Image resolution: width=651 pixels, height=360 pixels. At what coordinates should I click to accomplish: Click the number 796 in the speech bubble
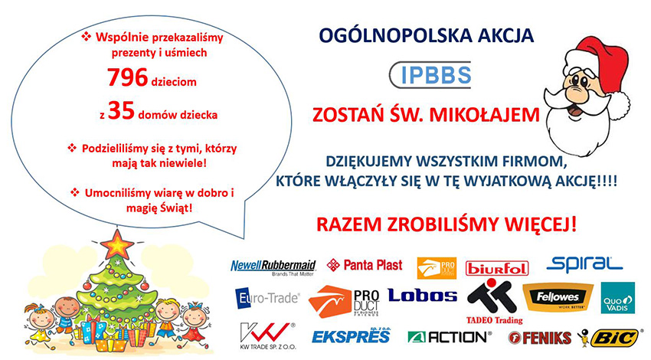pyautogui.click(x=127, y=77)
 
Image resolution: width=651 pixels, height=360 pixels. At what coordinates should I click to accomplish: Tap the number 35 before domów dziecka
pyautogui.click(x=121, y=111)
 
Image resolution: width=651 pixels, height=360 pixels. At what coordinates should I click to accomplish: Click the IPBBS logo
pyautogui.click(x=430, y=75)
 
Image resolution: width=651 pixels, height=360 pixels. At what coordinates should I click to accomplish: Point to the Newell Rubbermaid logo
pyautogui.click(x=273, y=268)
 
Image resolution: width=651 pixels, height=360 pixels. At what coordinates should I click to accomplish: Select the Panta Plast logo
pyautogui.click(x=365, y=265)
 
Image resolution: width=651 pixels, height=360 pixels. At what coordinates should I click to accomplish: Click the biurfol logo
pyautogui.click(x=497, y=268)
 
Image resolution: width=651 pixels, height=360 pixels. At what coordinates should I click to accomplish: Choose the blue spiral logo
pyautogui.click(x=584, y=264)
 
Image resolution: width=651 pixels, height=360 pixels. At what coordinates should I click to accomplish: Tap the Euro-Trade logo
pyautogui.click(x=267, y=298)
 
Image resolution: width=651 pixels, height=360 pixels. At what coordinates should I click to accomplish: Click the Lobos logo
pyautogui.click(x=422, y=295)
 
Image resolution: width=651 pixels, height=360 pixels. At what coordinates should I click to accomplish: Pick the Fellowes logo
pyautogui.click(x=558, y=297)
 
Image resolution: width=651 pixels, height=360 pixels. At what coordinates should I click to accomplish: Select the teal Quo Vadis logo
pyautogui.click(x=618, y=298)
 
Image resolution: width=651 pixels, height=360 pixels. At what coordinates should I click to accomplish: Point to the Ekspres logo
pyautogui.click(x=352, y=335)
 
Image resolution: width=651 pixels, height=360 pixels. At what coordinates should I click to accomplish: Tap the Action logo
pyautogui.click(x=450, y=337)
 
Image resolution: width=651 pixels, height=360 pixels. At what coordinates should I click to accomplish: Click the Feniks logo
pyautogui.click(x=539, y=338)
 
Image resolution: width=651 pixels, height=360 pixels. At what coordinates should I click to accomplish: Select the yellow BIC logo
pyautogui.click(x=613, y=338)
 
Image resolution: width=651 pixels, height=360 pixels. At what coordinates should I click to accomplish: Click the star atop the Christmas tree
pyautogui.click(x=117, y=244)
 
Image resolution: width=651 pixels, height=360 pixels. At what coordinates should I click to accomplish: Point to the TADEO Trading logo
pyautogui.click(x=494, y=302)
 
